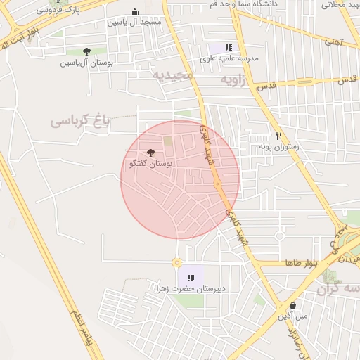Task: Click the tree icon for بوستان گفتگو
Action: click(x=151, y=153)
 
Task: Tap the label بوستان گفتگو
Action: click(x=151, y=163)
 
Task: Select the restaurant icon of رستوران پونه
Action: click(x=279, y=136)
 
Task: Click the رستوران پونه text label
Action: click(x=279, y=147)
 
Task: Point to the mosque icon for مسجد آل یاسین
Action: click(x=134, y=12)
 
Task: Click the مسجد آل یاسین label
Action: click(x=134, y=22)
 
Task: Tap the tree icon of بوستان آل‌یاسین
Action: click(x=86, y=51)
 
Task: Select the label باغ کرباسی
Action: click(x=82, y=120)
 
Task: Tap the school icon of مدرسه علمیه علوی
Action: click(x=229, y=47)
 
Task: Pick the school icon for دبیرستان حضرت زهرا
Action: click(x=191, y=278)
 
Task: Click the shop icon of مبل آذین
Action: click(x=293, y=306)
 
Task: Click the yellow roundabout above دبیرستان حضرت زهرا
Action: click(x=176, y=263)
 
